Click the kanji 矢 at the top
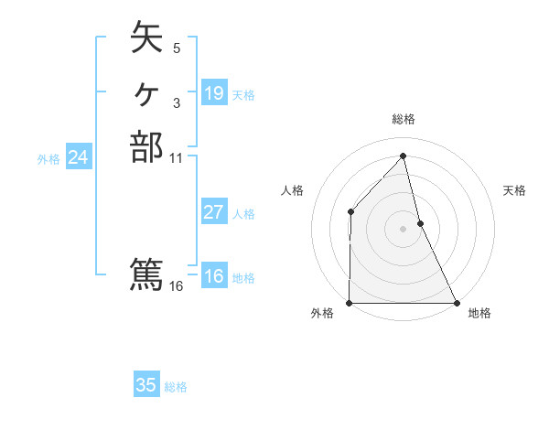click(x=146, y=39)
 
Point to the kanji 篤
click(x=146, y=274)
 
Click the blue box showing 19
click(x=214, y=93)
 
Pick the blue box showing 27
click(x=214, y=212)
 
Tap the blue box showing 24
click(x=79, y=157)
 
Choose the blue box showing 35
click(x=146, y=385)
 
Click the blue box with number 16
click(x=214, y=277)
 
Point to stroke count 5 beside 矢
click(x=176, y=48)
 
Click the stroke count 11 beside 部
click(x=177, y=156)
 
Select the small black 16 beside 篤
click(x=177, y=285)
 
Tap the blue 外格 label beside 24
click(x=48, y=158)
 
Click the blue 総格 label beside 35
click(x=176, y=387)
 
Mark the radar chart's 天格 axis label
click(x=514, y=190)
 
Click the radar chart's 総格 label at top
click(x=403, y=119)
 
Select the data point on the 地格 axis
click(x=456, y=303)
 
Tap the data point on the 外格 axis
click(x=350, y=303)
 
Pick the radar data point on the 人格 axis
click(x=350, y=212)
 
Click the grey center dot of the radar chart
click(x=403, y=228)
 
